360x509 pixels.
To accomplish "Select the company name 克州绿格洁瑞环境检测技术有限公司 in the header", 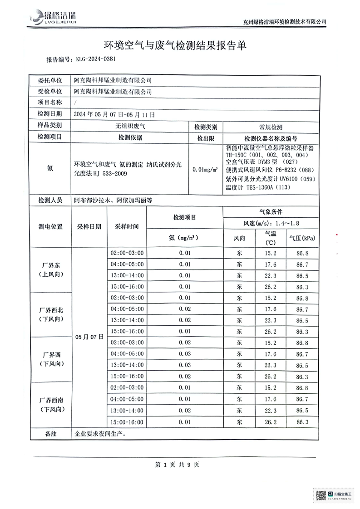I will click(x=285, y=22).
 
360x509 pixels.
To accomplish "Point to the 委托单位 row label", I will click(x=50, y=80).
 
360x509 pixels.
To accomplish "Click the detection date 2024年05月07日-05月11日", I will click(x=114, y=115).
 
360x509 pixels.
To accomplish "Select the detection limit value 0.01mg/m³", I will click(x=205, y=169).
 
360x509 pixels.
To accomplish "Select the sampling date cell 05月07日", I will click(x=89, y=337).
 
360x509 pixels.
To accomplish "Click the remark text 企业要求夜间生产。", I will click(x=100, y=434).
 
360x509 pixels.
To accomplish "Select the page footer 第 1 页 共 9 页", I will click(x=177, y=465).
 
